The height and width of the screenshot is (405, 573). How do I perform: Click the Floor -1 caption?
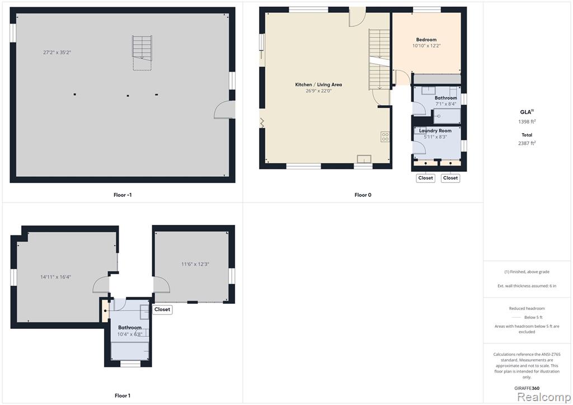coord(123,195)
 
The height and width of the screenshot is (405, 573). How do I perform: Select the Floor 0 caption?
coord(363,195)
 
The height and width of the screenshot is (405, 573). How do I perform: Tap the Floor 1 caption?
coord(123,395)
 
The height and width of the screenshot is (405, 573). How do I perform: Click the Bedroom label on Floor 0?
coord(426,40)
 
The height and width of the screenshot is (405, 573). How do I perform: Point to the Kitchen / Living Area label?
coord(318,84)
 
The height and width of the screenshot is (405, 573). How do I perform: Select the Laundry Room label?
coord(435,130)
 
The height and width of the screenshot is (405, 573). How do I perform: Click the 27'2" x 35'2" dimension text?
coord(57,52)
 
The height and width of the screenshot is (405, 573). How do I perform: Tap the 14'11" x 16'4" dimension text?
coord(55,277)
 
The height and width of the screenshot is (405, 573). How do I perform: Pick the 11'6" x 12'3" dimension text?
coord(195,264)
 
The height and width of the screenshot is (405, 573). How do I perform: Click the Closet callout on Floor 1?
coord(162,309)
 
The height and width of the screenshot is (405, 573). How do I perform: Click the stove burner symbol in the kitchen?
coord(385,136)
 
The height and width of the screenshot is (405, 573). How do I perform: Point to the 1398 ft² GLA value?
coord(527,121)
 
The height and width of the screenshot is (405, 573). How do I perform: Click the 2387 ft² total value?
coord(527,143)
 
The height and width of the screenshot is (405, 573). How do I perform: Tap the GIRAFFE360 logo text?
coord(527,388)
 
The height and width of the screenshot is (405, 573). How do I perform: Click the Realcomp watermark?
coord(544,397)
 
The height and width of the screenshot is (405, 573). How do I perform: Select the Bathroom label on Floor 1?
coord(130,328)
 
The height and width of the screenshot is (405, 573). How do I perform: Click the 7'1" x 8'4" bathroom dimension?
coord(446,104)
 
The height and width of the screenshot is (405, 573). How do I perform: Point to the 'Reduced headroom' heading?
coord(527,308)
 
